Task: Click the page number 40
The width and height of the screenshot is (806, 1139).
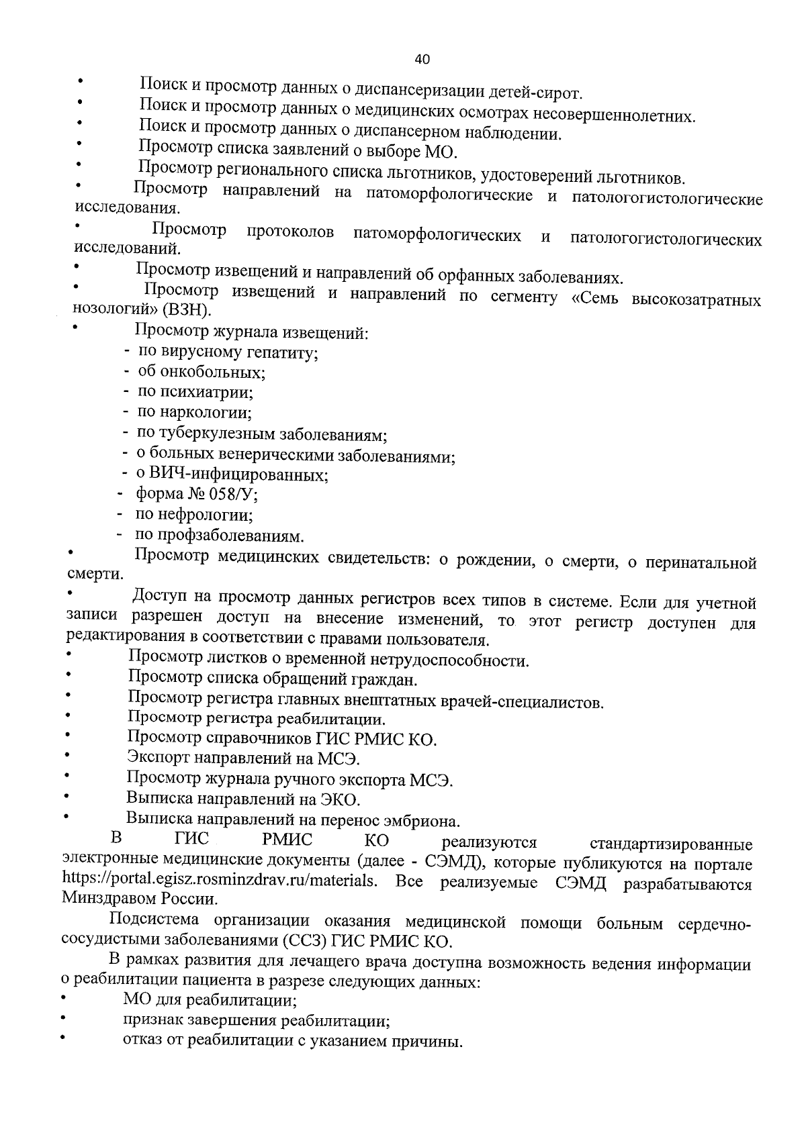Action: click(x=422, y=59)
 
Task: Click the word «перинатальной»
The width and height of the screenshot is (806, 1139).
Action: click(x=701, y=562)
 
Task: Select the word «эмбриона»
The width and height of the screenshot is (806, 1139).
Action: click(x=425, y=820)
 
